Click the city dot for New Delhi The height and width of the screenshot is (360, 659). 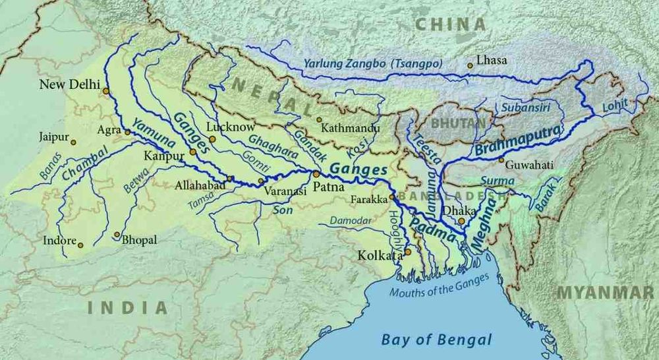105,91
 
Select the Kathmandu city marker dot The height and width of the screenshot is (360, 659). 319,120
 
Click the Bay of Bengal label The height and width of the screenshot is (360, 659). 436,340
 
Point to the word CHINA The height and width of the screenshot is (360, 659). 451,24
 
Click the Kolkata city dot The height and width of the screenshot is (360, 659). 408,251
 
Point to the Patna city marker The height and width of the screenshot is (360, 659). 316,174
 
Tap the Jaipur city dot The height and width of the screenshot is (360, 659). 74,142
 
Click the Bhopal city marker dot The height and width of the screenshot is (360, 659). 117,234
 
